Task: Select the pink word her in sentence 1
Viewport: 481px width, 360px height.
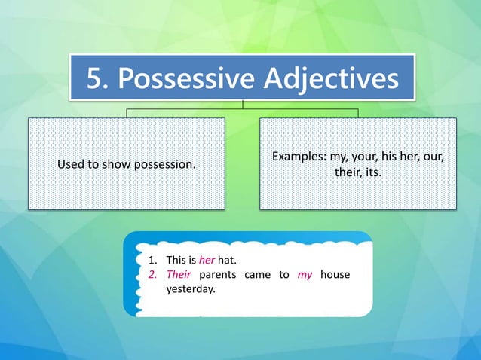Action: [207, 261]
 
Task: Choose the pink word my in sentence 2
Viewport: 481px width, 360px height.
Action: [305, 275]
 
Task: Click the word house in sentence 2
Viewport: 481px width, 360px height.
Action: [335, 275]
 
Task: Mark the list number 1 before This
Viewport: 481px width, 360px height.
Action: [151, 261]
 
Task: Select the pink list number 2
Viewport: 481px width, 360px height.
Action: [151, 275]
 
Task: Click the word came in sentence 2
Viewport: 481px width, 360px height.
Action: [258, 275]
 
